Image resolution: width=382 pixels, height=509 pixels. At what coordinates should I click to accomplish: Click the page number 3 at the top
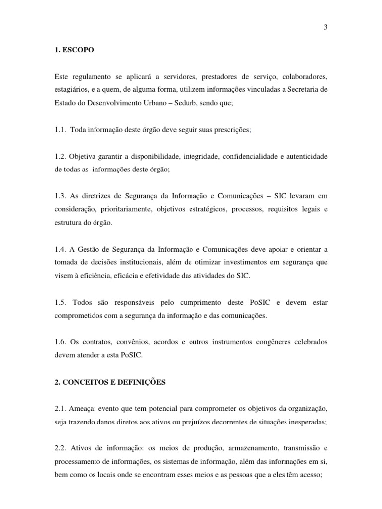[325, 27]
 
